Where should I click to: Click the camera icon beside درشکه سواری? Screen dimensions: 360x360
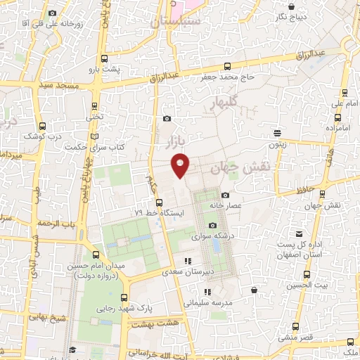point(212,224)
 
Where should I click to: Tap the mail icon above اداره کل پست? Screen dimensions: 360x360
point(300,233)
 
